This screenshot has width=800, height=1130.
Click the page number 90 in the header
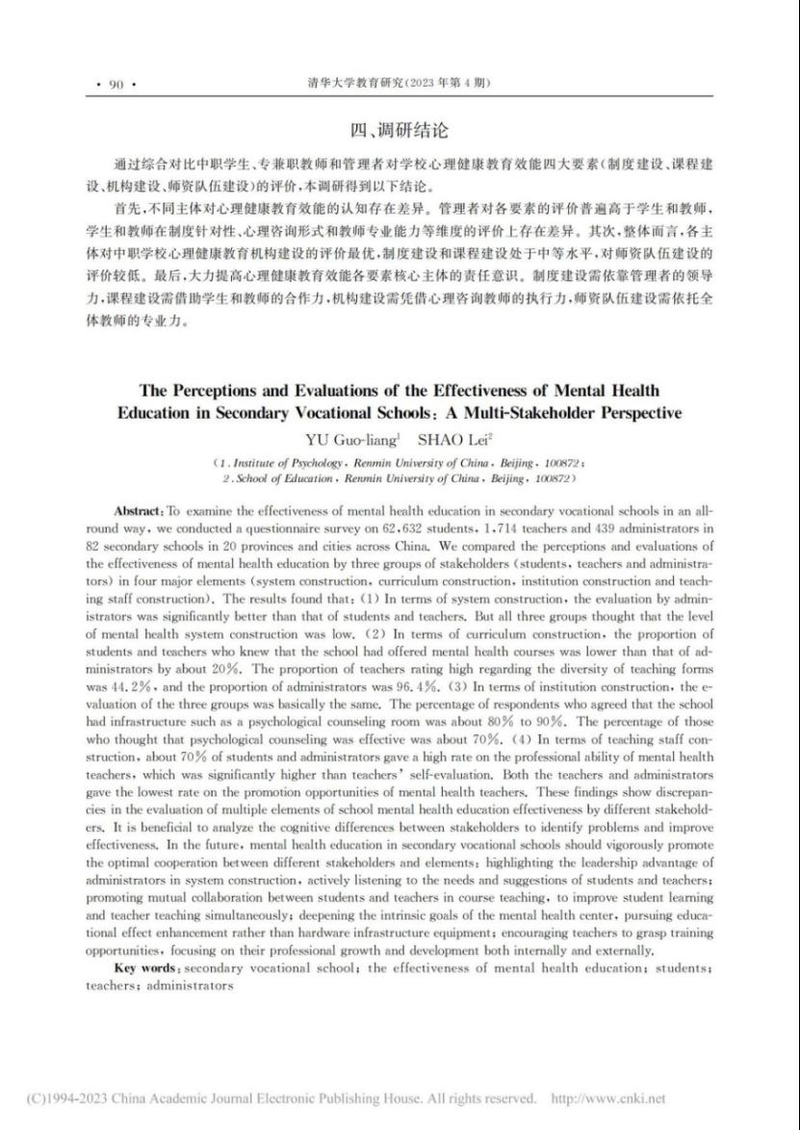116,85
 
